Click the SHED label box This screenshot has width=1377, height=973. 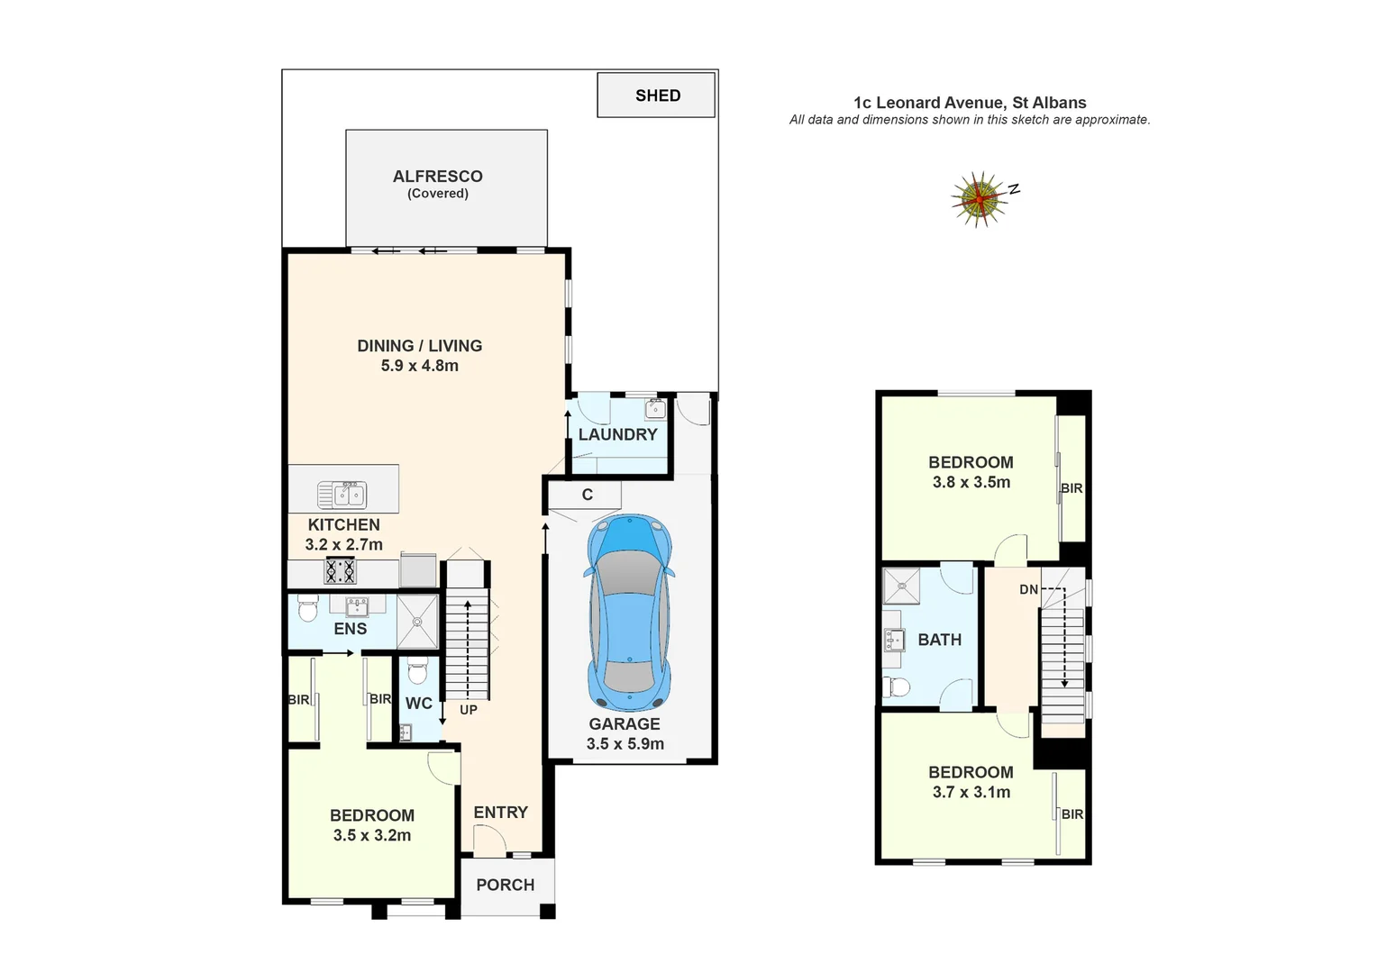[x=657, y=95]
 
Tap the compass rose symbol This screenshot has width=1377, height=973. [x=979, y=198]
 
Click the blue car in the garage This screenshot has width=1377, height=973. [x=629, y=613]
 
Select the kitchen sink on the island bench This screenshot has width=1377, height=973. [x=342, y=495]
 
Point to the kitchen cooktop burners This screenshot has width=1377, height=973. [x=341, y=571]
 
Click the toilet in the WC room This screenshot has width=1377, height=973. [x=417, y=672]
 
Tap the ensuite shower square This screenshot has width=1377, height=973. [x=417, y=621]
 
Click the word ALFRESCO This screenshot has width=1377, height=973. [x=438, y=177]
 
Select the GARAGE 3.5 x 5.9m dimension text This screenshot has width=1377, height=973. [x=625, y=744]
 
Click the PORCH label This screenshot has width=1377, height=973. [x=505, y=885]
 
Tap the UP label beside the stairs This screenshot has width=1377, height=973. [x=469, y=710]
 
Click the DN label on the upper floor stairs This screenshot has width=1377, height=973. [x=1028, y=590]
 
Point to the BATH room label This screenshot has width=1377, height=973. [x=939, y=640]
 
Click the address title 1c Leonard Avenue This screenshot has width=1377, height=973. [x=970, y=103]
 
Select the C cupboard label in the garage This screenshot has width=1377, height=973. [x=588, y=495]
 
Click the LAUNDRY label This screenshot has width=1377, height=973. [x=617, y=434]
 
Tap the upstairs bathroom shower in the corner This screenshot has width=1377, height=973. [x=901, y=587]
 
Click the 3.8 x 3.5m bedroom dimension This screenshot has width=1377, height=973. [x=971, y=482]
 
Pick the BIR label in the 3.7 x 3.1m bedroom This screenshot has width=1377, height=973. [x=1072, y=814]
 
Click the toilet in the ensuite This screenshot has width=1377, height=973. [x=307, y=611]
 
